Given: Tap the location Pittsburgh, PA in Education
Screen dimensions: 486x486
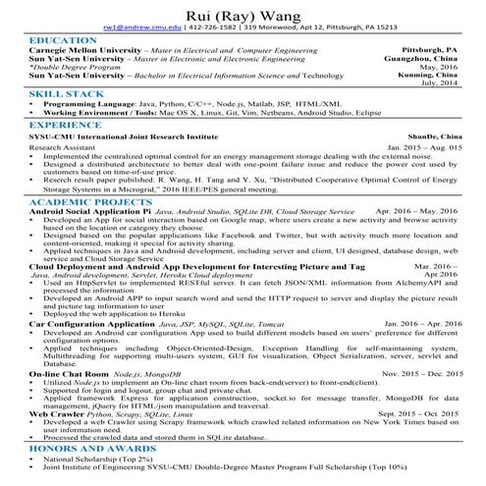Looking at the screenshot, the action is point(430,49).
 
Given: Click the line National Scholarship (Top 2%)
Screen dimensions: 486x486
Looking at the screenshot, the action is point(102,459).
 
